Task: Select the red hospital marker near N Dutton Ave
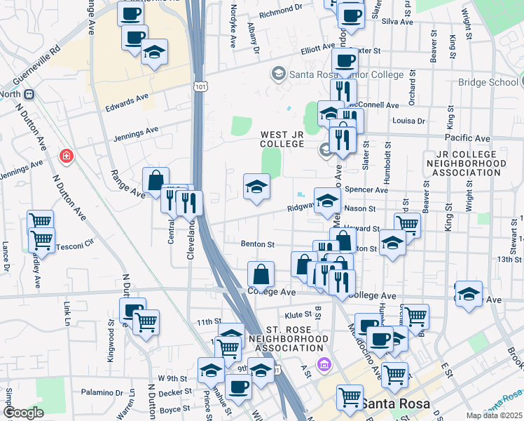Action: (67, 155)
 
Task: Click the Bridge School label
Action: (488, 82)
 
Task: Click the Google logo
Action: (23, 413)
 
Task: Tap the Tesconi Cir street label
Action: (75, 246)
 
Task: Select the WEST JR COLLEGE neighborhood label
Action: (282, 139)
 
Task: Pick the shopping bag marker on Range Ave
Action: (156, 180)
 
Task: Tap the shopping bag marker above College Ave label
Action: (261, 274)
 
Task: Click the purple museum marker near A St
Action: (323, 365)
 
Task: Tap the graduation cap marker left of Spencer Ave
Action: (256, 187)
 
